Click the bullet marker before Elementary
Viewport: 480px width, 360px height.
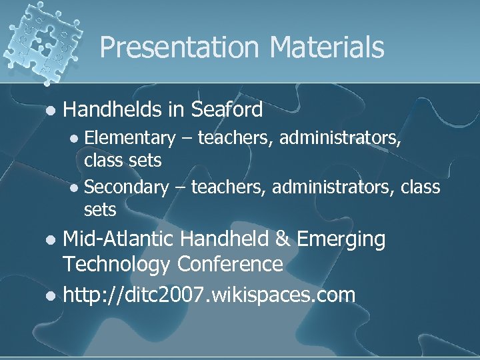click(x=75, y=139)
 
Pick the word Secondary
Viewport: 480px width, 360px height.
click(x=127, y=187)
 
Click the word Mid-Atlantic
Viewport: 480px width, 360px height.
click(x=119, y=239)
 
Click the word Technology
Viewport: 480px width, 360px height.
click(x=116, y=265)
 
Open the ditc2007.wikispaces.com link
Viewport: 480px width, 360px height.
click(x=209, y=294)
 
